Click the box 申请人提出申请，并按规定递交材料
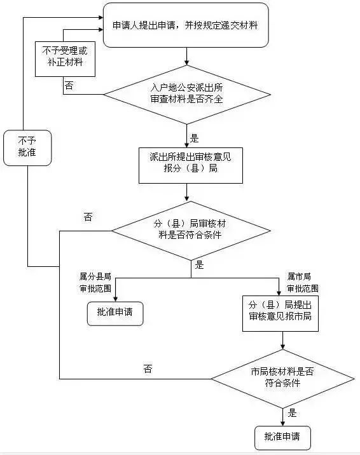point(184,25)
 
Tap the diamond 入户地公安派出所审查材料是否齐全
point(187,95)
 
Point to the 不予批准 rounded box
point(27,147)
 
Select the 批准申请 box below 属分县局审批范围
point(115,313)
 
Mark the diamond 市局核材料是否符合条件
point(282,378)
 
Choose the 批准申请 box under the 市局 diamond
point(282,437)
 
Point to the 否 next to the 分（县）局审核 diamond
point(88,217)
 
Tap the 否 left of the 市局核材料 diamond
point(148,369)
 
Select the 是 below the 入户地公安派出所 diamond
point(195,137)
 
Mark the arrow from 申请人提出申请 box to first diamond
point(186,56)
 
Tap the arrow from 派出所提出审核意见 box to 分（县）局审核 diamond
point(186,193)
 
